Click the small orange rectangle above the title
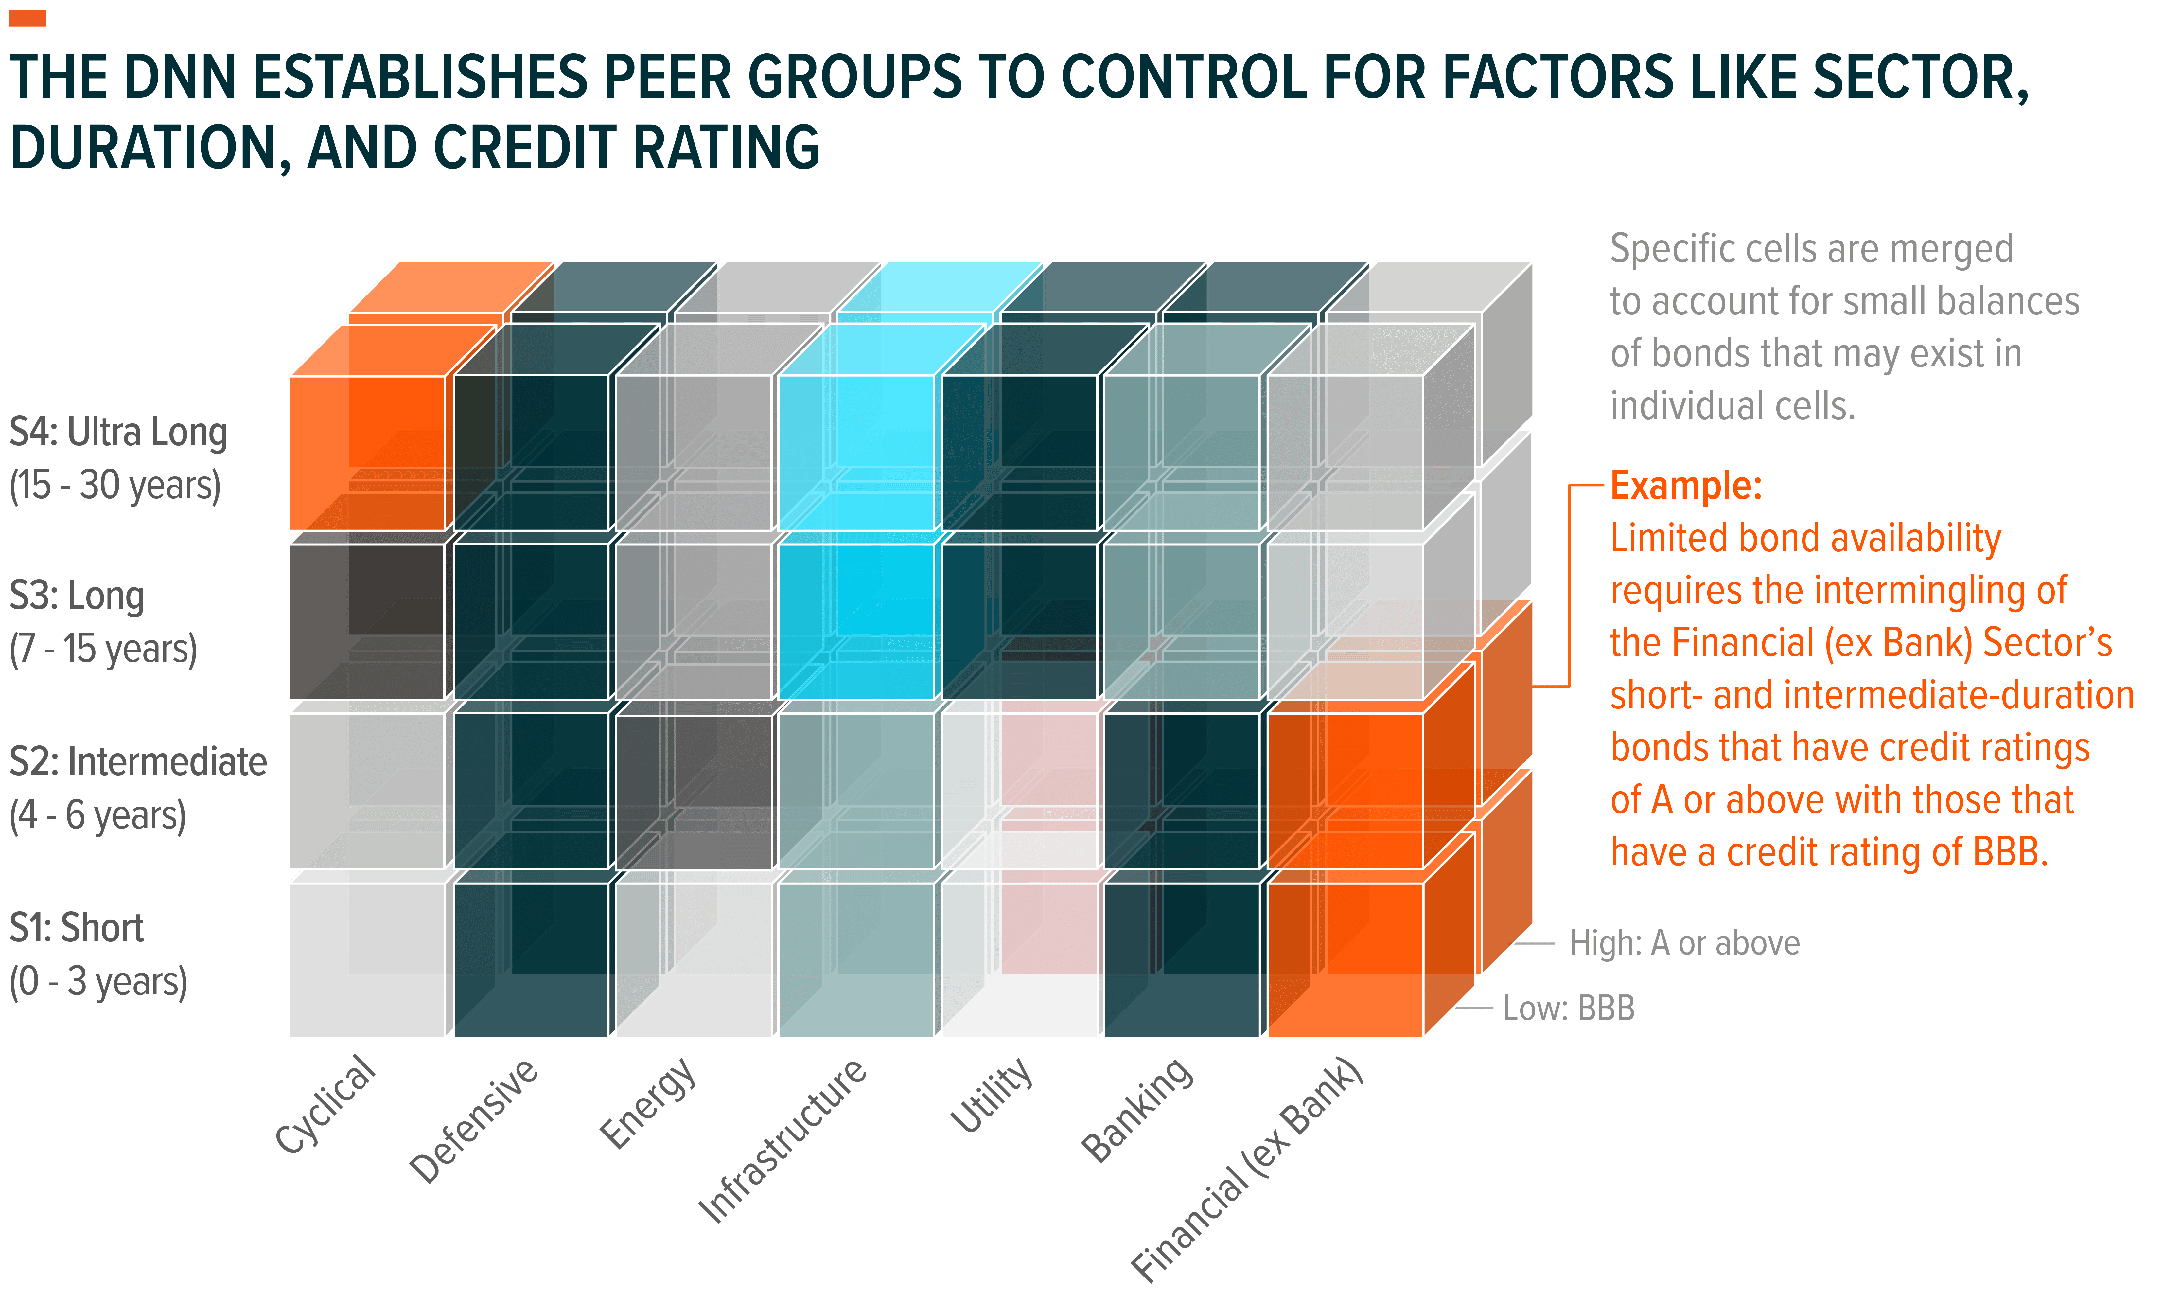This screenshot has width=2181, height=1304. pos(27,18)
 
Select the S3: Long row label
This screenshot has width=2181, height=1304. pos(103,621)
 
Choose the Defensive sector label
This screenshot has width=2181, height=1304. pos(474,1120)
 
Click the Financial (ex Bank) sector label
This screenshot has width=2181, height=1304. pos(1247,1169)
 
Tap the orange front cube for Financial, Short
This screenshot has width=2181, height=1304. pos(1345,959)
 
